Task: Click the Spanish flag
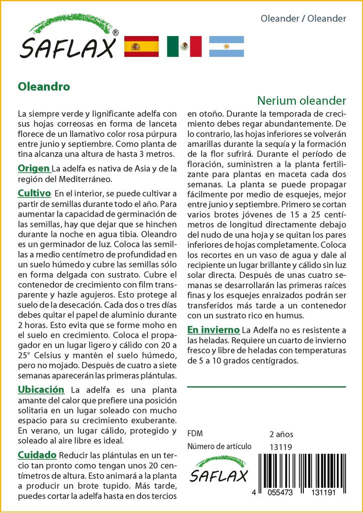(141, 47)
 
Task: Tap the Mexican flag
(184, 47)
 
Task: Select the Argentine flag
(226, 47)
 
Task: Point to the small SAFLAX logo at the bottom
(218, 469)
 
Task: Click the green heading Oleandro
(44, 86)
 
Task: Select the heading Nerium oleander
(302, 100)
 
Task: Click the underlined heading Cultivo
(34, 193)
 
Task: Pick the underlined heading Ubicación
(41, 389)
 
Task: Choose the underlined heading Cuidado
(37, 455)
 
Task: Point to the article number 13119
(280, 447)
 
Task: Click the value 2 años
(281, 434)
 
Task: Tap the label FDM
(195, 434)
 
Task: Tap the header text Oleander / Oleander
(303, 19)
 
